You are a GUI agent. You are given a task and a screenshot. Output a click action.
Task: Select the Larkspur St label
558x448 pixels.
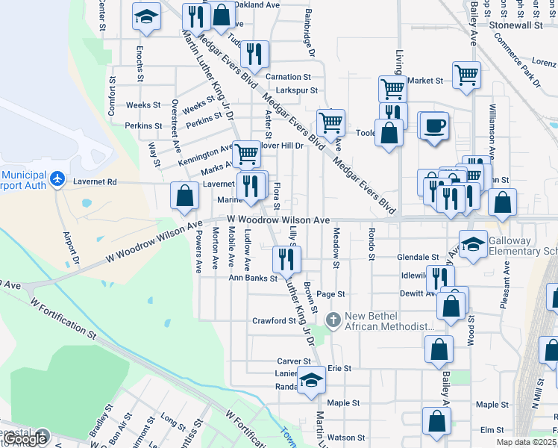click(292, 90)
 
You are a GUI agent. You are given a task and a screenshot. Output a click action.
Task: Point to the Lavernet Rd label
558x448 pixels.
click(95, 181)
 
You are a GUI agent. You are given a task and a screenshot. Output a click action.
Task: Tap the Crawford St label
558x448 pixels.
click(274, 321)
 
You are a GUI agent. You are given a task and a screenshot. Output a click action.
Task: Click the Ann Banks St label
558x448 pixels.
click(253, 278)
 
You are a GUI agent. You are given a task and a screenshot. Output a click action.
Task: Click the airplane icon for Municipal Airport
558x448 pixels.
click(57, 178)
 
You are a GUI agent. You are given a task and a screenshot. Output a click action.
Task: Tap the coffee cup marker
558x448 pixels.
click(435, 125)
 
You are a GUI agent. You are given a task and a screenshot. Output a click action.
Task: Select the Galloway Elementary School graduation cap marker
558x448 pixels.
click(473, 244)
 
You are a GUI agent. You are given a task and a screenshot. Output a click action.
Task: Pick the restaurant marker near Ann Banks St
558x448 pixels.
click(286, 258)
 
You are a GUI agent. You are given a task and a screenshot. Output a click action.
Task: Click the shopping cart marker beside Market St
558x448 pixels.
click(467, 74)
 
